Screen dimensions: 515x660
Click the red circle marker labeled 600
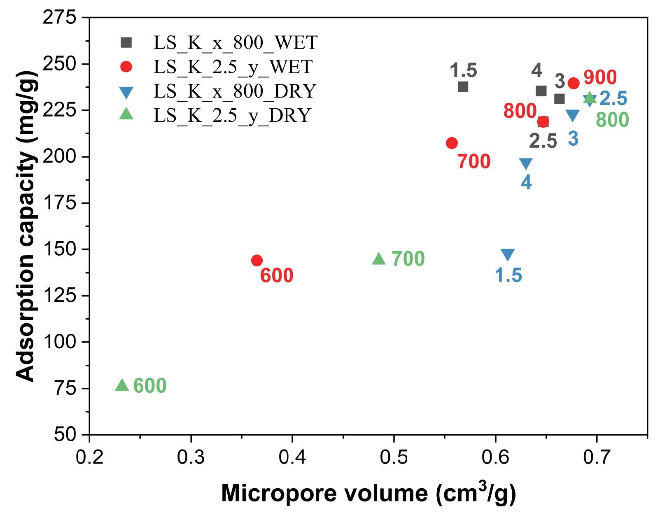pos(257,260)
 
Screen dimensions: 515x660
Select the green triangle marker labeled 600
pos(122,385)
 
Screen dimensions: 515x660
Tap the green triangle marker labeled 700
pos(379,259)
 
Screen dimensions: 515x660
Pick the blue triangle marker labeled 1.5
pos(508,254)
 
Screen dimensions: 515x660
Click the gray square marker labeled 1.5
pos(463,87)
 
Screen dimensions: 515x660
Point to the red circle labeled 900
pos(574,83)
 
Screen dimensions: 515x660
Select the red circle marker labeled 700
pos(452,143)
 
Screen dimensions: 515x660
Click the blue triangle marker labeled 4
pos(526,163)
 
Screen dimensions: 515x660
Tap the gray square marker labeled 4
pos(541,91)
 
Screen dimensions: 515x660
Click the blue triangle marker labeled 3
pos(572,115)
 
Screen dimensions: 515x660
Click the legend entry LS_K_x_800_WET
pos(235,42)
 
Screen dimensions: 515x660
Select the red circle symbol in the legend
pos(126,67)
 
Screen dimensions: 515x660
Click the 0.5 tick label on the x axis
pos(394,457)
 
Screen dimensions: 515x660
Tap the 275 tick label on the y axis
pos(59,18)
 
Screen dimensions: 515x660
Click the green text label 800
pos(612,120)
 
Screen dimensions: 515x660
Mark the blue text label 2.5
pos(613,98)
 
